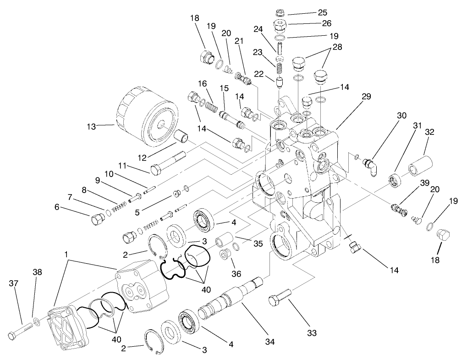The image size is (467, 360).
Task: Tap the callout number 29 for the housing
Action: tap(366, 97)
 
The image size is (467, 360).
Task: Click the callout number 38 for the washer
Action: tap(37, 272)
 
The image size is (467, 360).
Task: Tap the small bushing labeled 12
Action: tap(183, 137)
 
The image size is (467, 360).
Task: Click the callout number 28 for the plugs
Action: tap(337, 47)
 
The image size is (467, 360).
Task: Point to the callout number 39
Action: tap(425, 183)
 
